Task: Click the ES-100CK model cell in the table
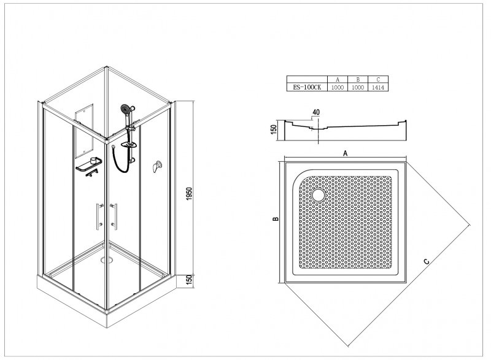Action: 307,88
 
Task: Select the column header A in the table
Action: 338,80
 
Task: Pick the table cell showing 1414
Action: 378,88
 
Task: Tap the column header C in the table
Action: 378,80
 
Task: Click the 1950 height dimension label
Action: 189,194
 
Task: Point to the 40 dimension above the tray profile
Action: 316,112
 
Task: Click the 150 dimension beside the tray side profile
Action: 274,129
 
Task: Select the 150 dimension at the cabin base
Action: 189,280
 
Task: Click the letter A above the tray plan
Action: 346,153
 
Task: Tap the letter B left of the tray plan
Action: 276,219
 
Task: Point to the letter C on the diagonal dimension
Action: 427,261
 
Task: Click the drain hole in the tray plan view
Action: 319,195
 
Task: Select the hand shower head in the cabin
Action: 126,109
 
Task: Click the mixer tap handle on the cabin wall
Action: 157,166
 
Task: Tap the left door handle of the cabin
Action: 99,216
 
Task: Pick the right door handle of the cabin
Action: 114,216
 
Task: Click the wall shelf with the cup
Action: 89,164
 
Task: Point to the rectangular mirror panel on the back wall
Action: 84,131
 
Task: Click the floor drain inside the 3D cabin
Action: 106,259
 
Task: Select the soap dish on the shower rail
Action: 129,145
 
